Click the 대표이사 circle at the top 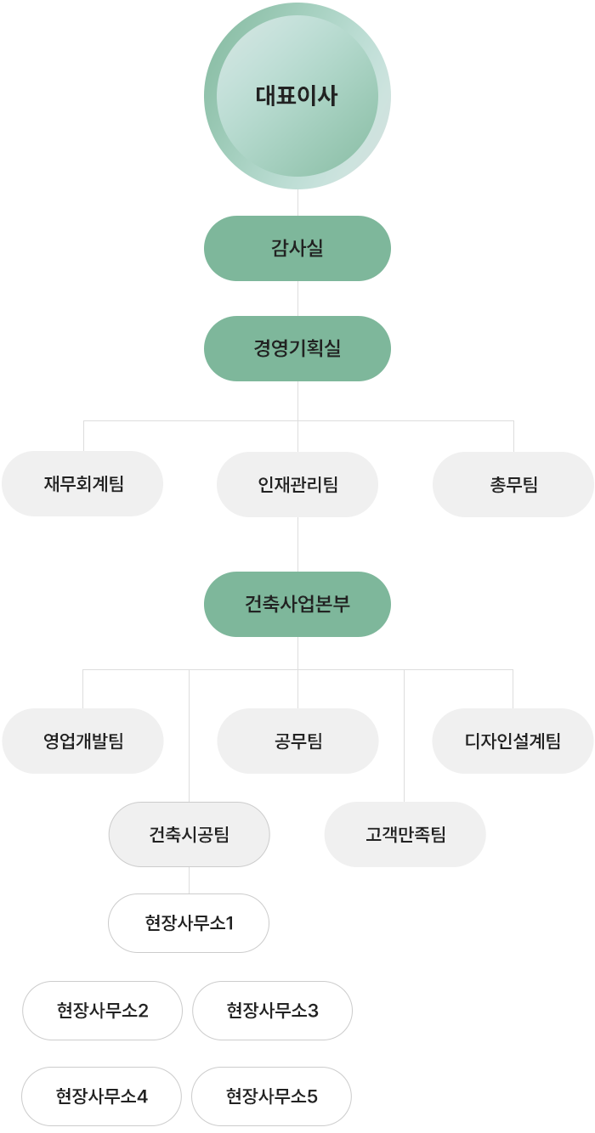pyautogui.click(x=297, y=95)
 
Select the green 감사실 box pyautogui.click(x=297, y=248)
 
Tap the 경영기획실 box pyautogui.click(x=297, y=348)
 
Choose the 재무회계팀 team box pyautogui.click(x=82, y=484)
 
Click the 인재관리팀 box pyautogui.click(x=297, y=484)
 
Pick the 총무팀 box pyautogui.click(x=513, y=484)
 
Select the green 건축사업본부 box pyautogui.click(x=297, y=604)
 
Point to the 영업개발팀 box pyautogui.click(x=82, y=741)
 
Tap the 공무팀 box pyautogui.click(x=297, y=741)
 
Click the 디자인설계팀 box pyautogui.click(x=513, y=741)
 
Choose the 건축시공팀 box pyautogui.click(x=189, y=834)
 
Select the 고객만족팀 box pyautogui.click(x=405, y=834)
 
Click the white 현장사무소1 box pyautogui.click(x=189, y=922)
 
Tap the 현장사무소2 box pyautogui.click(x=102, y=1010)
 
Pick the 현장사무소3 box pyautogui.click(x=272, y=1010)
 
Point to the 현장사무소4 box pyautogui.click(x=101, y=1096)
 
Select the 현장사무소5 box pyautogui.click(x=271, y=1096)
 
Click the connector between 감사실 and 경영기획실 pyautogui.click(x=297, y=298)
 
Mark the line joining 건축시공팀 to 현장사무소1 pyautogui.click(x=189, y=880)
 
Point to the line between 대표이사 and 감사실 pyautogui.click(x=297, y=202)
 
